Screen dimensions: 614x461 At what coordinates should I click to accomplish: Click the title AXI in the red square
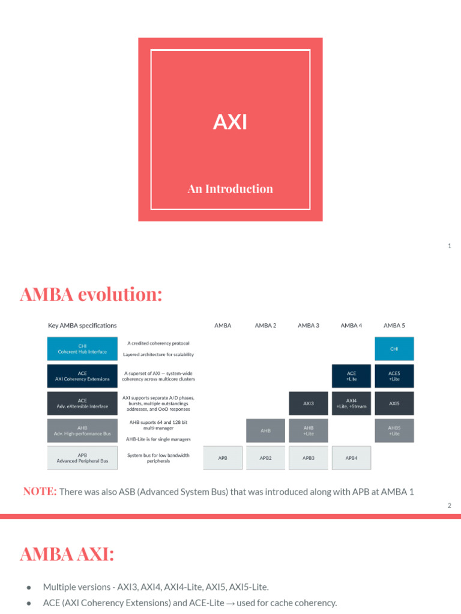click(230, 122)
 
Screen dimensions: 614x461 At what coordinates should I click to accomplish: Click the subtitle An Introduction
click(230, 189)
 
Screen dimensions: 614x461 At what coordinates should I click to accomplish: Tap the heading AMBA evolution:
click(91, 295)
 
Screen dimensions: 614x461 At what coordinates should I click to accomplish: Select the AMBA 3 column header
click(308, 326)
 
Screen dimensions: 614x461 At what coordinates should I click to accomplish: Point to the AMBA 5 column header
click(394, 326)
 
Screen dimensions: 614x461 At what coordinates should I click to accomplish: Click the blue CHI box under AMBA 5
click(394, 348)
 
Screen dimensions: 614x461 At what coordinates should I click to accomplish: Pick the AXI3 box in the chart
click(309, 404)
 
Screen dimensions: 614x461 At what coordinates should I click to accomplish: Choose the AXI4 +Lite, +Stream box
click(351, 404)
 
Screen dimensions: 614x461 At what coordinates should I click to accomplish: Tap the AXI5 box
click(394, 404)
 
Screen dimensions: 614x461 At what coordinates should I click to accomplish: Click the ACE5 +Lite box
click(394, 376)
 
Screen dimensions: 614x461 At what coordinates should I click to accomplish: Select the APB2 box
click(265, 458)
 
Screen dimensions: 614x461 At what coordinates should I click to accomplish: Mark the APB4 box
click(351, 458)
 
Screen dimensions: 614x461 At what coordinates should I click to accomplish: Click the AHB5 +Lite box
click(394, 431)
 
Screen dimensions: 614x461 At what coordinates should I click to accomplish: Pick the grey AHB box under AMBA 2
click(265, 431)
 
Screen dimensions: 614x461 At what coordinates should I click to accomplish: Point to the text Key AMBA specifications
click(82, 326)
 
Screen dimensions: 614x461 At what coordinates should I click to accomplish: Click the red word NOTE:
click(40, 492)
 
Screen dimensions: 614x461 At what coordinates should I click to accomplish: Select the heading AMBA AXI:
click(67, 555)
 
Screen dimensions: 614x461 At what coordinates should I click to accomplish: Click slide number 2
click(449, 505)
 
